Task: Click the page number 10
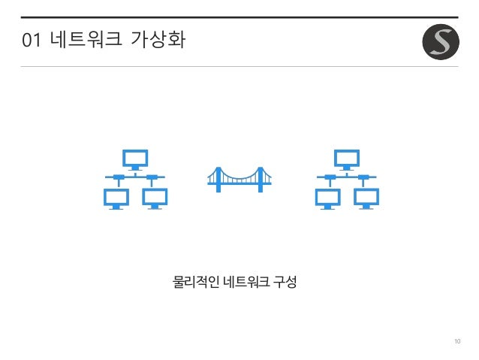[457, 343]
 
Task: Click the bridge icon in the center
[239, 179]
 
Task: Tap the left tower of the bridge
[219, 179]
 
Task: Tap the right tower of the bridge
[259, 179]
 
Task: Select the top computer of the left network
[136, 159]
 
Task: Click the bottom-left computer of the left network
[116, 198]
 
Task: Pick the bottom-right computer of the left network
[155, 198]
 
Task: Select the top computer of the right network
[347, 159]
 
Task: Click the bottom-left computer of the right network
[327, 198]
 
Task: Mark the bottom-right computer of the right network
[367, 198]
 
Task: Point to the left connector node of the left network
[118, 178]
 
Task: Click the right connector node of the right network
[364, 178]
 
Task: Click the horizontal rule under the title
[239, 66]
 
